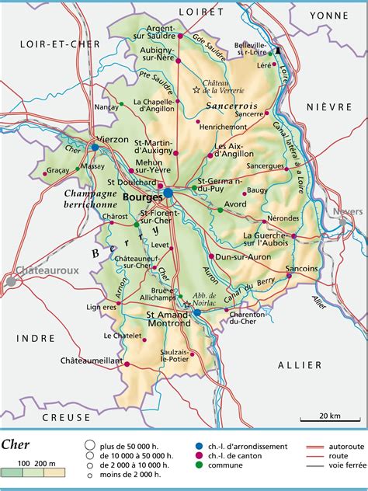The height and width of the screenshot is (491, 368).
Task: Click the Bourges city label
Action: [x=141, y=197]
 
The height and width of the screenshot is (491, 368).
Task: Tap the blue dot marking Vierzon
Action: [x=95, y=146]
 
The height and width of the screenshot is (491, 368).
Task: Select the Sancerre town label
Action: [x=249, y=113]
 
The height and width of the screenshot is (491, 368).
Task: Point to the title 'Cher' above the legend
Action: [x=16, y=445]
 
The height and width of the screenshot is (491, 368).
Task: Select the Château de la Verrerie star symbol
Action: [x=195, y=90]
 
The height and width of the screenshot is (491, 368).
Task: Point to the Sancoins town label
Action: [x=302, y=268]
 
